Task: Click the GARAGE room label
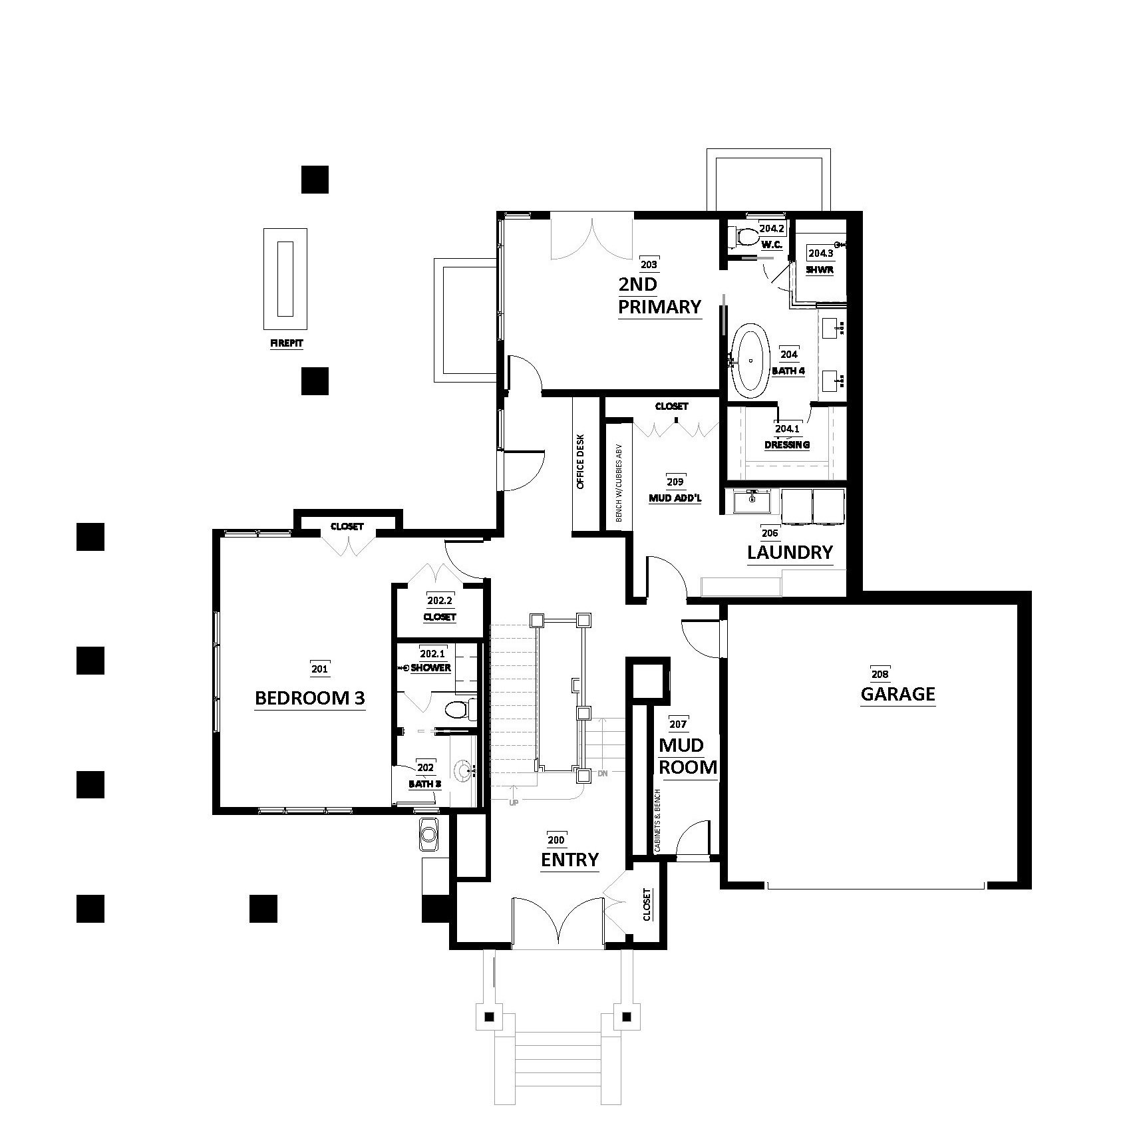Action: (897, 695)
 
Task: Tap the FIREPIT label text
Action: (285, 344)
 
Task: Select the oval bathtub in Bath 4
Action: (750, 361)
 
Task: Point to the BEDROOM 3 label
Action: (310, 698)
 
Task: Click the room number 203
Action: (648, 264)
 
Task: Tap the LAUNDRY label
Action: (790, 552)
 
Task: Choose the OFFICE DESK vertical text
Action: (580, 462)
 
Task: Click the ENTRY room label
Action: (569, 860)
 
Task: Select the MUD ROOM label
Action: (688, 756)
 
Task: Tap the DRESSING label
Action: (787, 444)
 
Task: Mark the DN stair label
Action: (603, 773)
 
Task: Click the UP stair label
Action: (514, 802)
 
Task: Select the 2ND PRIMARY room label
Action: (659, 295)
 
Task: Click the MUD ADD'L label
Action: (675, 497)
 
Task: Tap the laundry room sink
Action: (752, 501)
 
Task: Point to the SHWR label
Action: (820, 270)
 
